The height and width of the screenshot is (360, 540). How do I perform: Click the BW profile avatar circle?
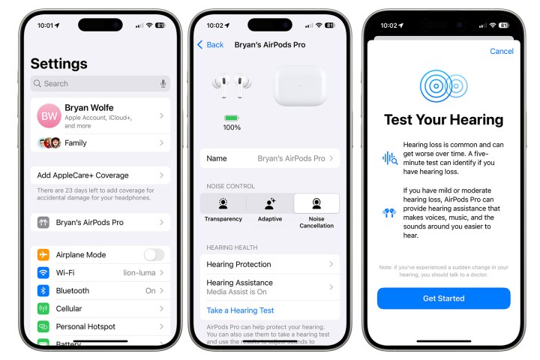[x=49, y=116]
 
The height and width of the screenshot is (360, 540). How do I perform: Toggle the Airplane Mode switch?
[x=154, y=255]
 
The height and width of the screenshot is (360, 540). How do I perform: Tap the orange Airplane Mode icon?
[x=43, y=255]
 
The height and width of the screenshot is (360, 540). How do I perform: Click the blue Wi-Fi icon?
[x=43, y=273]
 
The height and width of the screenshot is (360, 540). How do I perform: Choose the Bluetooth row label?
[x=72, y=291]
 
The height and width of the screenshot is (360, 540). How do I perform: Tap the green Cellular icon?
[x=43, y=309]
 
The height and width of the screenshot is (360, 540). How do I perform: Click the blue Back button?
[x=210, y=45]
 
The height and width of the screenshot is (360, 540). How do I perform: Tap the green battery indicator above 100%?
[x=232, y=118]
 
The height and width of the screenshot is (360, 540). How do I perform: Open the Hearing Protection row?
[x=269, y=265]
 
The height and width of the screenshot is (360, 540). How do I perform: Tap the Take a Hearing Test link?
[x=240, y=310]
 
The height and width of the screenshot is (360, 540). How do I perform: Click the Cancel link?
[x=502, y=52]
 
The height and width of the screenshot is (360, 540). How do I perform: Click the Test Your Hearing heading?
[x=443, y=120]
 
